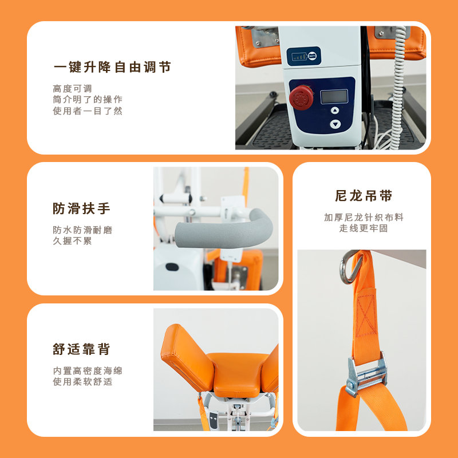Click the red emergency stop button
301,97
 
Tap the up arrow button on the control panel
335,110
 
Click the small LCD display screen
334,97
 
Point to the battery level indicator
304,56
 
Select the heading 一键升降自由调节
112,67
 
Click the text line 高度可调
73,88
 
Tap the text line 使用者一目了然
88,110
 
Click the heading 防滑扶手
81,208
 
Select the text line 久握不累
73,241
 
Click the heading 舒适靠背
81,349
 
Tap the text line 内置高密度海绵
88,370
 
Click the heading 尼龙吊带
364,196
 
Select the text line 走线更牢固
364,228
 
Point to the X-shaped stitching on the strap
366,315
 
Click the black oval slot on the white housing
172,267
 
